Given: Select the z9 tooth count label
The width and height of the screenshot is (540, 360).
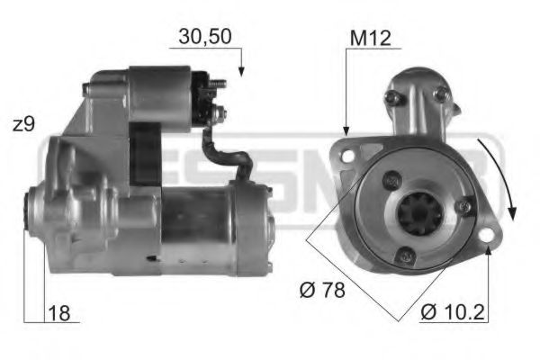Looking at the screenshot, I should click(x=24, y=124).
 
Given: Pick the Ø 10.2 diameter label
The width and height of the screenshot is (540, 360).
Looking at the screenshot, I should click(x=453, y=314).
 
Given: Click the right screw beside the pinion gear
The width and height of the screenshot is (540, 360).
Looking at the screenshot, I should click(x=463, y=208).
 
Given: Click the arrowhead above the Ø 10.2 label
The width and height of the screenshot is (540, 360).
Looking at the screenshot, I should click(x=487, y=250).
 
